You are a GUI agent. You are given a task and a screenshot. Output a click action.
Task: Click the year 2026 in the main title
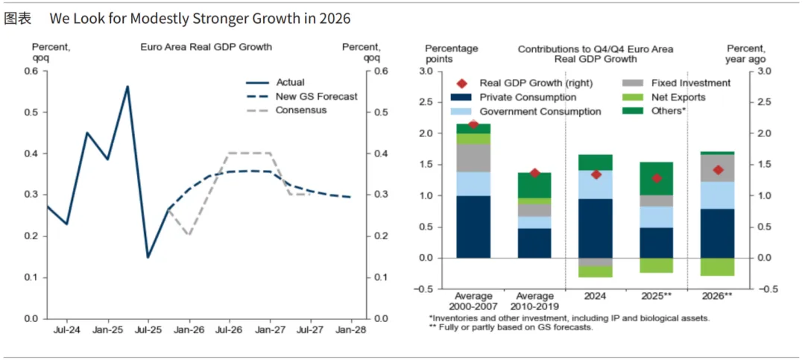point(335,18)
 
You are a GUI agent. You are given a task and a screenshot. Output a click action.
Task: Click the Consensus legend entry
point(301,110)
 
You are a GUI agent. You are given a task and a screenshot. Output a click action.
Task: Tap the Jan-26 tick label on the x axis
point(189,329)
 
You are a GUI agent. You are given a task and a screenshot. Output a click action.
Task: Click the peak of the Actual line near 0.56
point(127,86)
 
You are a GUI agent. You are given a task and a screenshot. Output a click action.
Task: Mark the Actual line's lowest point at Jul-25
point(148,257)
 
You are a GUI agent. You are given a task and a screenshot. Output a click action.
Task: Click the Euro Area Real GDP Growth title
point(206,47)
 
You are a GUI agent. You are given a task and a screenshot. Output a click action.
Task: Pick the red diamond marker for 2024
point(596,174)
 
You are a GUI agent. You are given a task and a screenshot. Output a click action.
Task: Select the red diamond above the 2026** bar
point(718,170)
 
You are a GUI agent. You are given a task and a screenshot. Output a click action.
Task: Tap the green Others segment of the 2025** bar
point(656,179)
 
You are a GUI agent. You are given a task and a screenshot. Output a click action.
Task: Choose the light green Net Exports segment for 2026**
point(718,267)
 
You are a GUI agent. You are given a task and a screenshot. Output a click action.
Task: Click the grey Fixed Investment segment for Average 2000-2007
point(473,158)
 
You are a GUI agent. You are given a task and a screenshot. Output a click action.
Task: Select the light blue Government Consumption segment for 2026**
point(718,195)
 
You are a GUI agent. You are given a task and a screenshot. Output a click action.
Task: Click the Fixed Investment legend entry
point(690,83)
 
